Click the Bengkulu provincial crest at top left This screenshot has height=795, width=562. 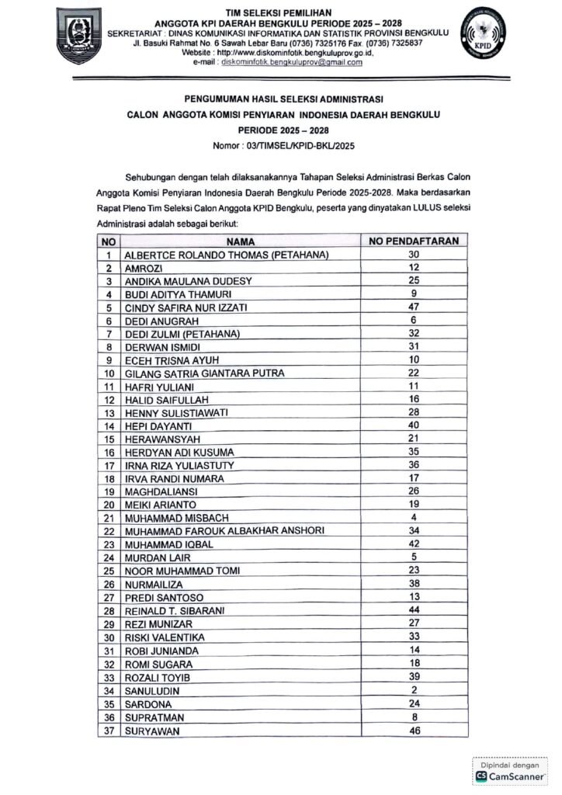click(79, 36)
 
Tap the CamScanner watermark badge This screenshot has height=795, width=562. click(509, 772)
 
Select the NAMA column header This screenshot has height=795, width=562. click(241, 241)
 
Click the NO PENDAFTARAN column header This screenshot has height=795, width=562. click(414, 241)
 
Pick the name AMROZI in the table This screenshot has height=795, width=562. click(144, 268)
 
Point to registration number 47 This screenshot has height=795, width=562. click(414, 307)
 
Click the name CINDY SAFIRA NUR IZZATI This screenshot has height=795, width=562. click(185, 307)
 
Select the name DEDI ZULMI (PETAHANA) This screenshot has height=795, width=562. click(182, 334)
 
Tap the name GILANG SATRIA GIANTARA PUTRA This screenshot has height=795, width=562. click(204, 373)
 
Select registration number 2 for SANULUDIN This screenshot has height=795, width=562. click(414, 689)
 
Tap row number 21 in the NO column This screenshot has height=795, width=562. click(109, 518)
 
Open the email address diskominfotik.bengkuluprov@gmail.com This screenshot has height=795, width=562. click(292, 62)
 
